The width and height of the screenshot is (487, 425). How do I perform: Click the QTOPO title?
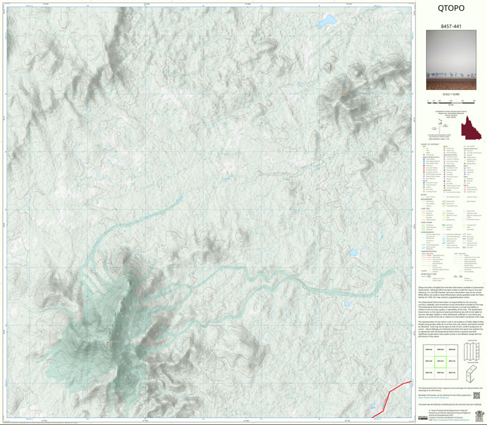(451, 8)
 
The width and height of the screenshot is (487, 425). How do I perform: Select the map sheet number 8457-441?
(451, 27)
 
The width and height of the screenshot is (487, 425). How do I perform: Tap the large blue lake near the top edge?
(328, 23)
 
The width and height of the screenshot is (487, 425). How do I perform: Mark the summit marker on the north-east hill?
(342, 95)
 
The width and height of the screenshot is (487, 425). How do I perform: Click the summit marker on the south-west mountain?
(108, 343)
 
